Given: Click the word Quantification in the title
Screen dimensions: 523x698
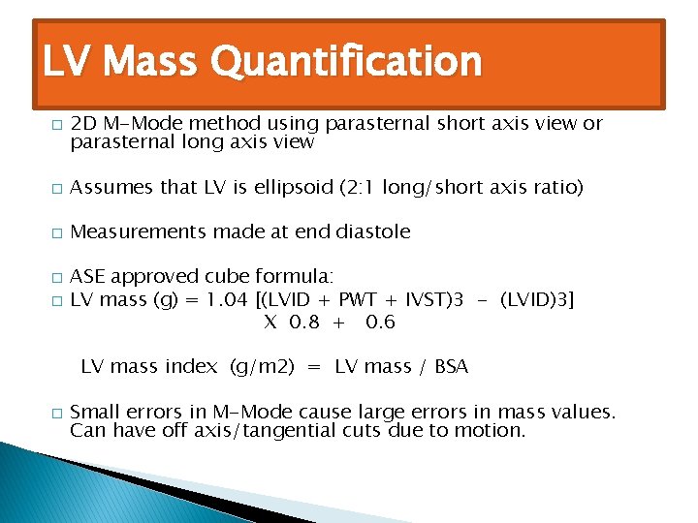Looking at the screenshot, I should click(x=345, y=63).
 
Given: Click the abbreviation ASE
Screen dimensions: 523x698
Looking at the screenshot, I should click(x=88, y=277).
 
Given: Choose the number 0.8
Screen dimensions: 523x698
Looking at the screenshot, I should click(x=302, y=322).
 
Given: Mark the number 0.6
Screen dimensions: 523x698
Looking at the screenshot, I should click(x=380, y=322).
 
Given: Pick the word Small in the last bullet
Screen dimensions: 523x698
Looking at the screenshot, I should click(x=94, y=412).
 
